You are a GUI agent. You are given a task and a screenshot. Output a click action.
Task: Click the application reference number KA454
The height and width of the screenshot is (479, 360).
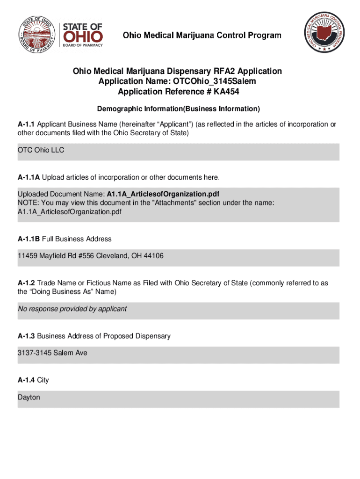point(228,92)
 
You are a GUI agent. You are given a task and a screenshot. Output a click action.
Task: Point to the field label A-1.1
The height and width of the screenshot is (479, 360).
point(26,124)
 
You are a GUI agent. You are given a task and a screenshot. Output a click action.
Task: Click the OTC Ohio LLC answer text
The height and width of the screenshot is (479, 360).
point(41,150)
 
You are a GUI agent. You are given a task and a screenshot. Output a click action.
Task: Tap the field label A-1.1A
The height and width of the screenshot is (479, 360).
point(29,177)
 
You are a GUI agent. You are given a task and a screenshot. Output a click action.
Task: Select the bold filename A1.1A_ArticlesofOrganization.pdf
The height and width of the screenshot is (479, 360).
point(163,194)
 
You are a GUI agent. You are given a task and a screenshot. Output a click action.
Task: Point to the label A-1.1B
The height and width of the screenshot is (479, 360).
point(29,239)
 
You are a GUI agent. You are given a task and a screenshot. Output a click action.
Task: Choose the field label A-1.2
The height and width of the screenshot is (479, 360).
point(26,283)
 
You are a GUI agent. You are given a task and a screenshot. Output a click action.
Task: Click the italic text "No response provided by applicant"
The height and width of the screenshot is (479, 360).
point(72,309)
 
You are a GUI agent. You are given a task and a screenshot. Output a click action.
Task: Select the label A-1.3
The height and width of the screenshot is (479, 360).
point(26,336)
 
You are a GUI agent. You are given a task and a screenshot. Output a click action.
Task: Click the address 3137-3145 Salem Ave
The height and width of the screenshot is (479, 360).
point(52,353)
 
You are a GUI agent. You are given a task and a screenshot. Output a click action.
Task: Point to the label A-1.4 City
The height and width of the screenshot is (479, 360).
point(33,380)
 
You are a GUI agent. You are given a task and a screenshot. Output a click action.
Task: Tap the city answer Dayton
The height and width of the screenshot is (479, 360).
point(29,397)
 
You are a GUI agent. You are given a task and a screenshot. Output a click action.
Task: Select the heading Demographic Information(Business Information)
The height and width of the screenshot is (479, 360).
point(178,109)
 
